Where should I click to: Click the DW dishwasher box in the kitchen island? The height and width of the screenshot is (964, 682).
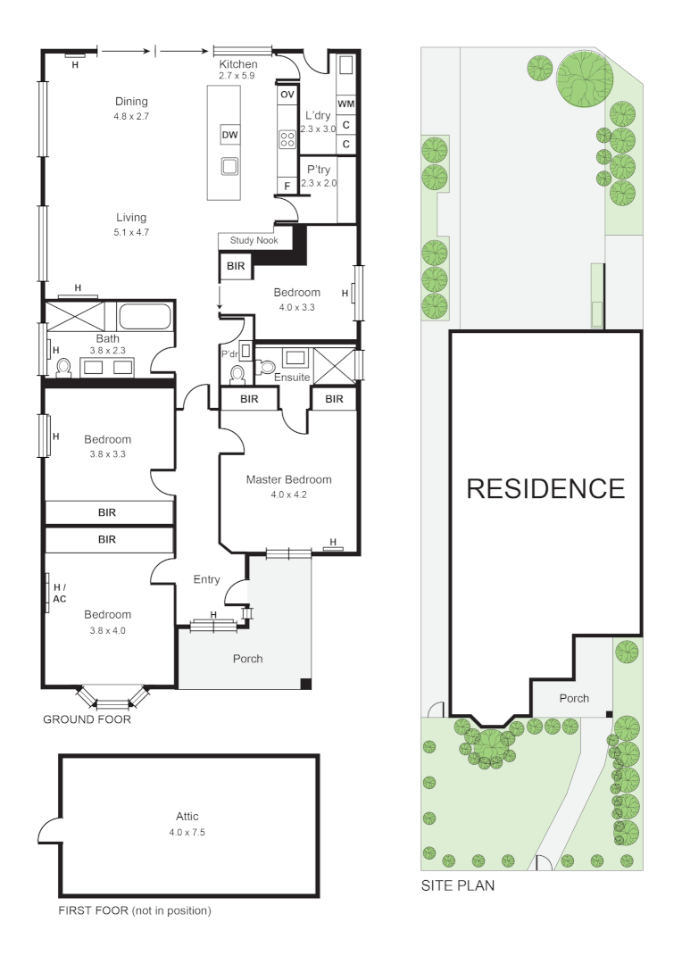(x=230, y=136)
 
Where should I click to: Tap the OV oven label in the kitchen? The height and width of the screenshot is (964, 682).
(x=287, y=95)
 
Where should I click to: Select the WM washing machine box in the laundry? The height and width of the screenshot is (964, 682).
(x=345, y=104)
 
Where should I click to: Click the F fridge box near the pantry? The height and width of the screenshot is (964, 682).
(x=287, y=186)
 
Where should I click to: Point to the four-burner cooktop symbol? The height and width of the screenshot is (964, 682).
(x=287, y=139)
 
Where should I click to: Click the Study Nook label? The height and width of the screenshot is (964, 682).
(x=254, y=240)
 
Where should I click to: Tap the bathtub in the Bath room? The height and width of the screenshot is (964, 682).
(x=146, y=317)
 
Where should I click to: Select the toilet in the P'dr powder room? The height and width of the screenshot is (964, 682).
(x=237, y=372)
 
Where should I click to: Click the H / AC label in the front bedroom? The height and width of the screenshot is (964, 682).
(x=60, y=593)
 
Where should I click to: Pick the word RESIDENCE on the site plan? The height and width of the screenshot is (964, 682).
(x=545, y=488)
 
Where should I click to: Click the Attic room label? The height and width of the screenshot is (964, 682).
(x=187, y=816)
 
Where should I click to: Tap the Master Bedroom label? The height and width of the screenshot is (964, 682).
(x=288, y=479)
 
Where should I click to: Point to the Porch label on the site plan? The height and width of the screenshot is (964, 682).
(x=574, y=698)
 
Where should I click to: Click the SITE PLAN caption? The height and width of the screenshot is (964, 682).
(x=458, y=886)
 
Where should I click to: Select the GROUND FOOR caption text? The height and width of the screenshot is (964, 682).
(x=87, y=719)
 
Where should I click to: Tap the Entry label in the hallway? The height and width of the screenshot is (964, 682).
(x=206, y=580)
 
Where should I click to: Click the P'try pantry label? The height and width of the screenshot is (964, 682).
(x=319, y=169)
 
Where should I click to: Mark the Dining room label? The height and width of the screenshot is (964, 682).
(x=131, y=102)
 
